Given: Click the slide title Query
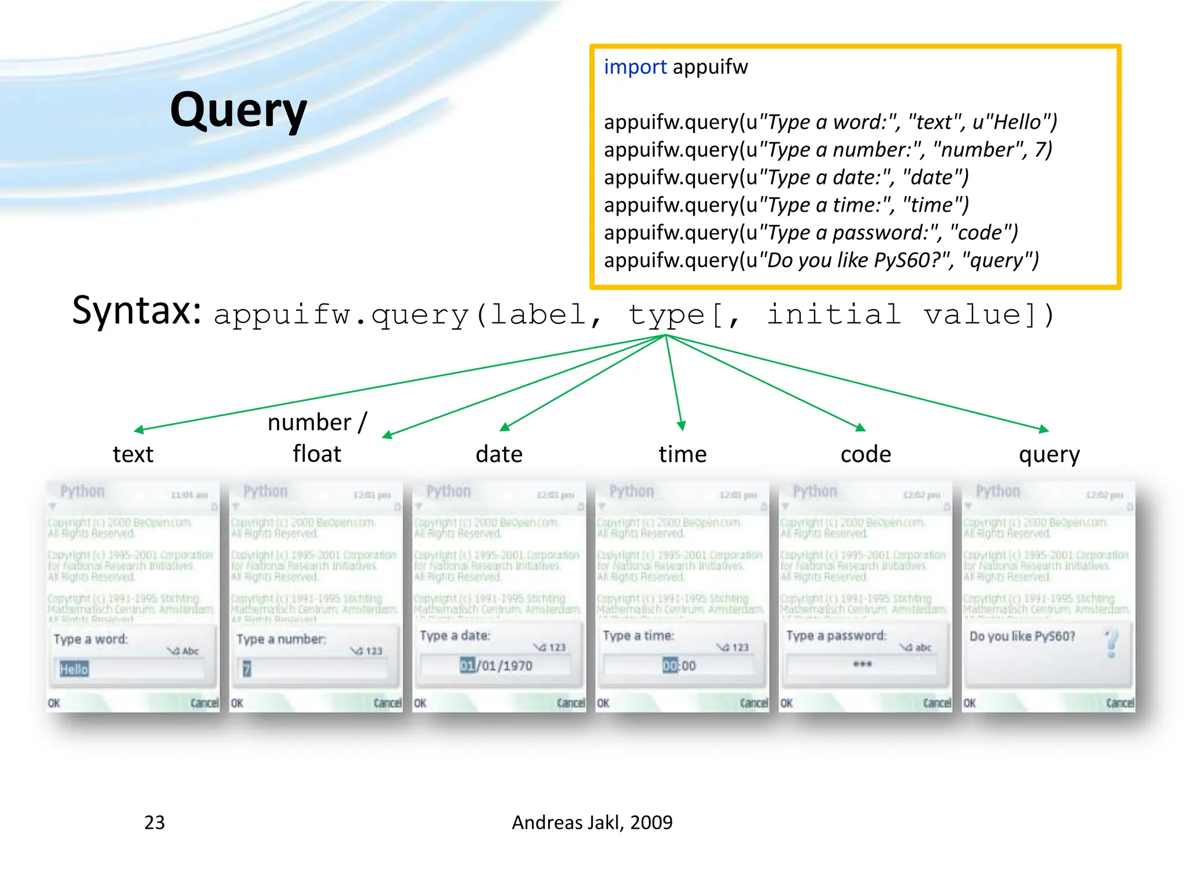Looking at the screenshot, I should pos(238,111).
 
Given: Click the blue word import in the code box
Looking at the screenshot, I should pos(635,67).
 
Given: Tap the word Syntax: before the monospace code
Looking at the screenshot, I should pos(137,311).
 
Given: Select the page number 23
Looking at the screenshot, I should pos(154,822).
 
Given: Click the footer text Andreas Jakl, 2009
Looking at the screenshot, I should pos(592,822).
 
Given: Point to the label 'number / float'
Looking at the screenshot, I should pos(317,438).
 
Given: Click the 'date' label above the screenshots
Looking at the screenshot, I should pos(499,454).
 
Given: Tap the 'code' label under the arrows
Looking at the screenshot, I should pos(865,454).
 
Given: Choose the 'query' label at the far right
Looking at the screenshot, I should pos(1049,455).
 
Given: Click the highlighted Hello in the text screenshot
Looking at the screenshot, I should pos(74,669).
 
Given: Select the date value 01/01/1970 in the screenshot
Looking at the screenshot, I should pos(496,665).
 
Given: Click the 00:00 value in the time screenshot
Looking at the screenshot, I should pos(679,665).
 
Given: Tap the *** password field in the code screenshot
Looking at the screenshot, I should pos(862,664).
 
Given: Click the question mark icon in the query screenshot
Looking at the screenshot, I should pos(1111,643).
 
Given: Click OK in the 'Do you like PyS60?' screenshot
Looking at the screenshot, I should pos(970,703).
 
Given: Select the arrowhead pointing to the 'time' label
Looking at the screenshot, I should pos(682,425).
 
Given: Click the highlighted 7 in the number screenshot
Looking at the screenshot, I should pos(247,669).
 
